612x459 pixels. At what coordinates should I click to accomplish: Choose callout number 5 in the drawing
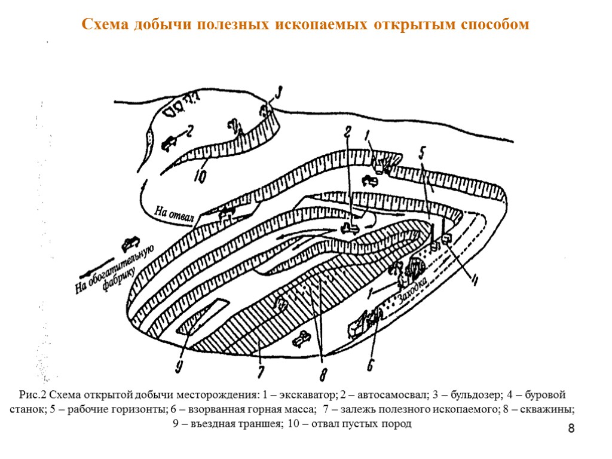pyautogui.click(x=423, y=153)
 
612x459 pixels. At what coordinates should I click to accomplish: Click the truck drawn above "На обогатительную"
pyautogui.click(x=131, y=243)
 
